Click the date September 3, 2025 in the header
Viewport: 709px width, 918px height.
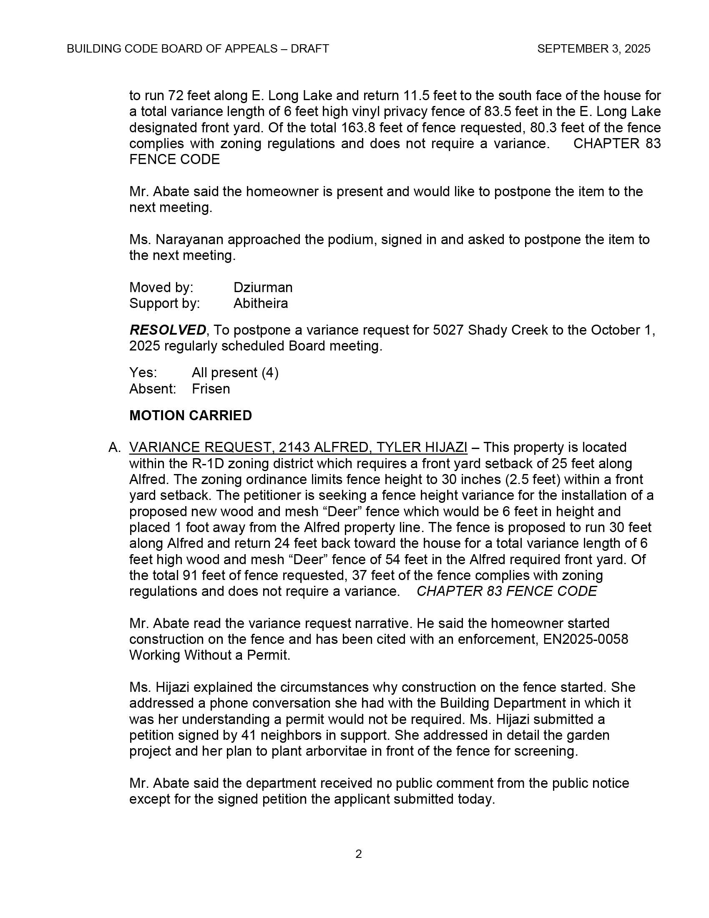coord(593,49)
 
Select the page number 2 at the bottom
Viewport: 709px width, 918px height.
coord(358,854)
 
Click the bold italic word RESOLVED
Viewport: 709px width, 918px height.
coord(168,330)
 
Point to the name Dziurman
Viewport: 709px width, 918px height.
coord(263,288)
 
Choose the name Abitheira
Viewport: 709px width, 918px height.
coord(260,303)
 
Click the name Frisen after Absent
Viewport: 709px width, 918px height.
coord(211,389)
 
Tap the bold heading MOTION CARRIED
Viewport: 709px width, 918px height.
coord(190,415)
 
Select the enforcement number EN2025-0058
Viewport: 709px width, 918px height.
coord(586,639)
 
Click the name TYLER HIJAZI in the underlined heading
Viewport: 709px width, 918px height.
coord(421,447)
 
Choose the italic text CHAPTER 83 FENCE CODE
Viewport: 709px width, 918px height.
coord(506,591)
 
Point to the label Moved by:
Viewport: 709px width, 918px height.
coord(161,288)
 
